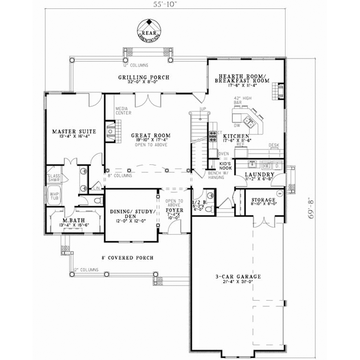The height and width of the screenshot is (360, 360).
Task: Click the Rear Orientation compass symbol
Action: coord(146,29)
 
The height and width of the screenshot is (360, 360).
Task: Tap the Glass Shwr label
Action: coord(54,178)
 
